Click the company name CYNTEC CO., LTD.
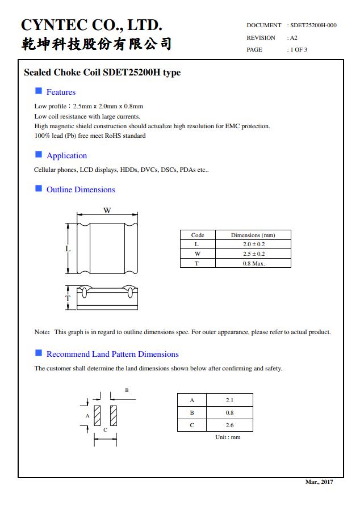coord(91,25)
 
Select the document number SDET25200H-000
coord(313,26)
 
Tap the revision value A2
coord(294,37)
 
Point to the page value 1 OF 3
coord(299,49)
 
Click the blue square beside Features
coord(39,91)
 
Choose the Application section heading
coord(66,155)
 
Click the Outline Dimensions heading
coord(81,189)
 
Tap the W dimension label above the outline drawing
coord(107,210)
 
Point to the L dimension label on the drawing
coord(68,248)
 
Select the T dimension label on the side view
coord(68,298)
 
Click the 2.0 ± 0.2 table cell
coord(253,244)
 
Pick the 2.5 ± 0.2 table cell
coord(253,254)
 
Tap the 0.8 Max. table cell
coord(253,263)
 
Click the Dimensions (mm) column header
coord(253,235)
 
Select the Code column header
coord(198,235)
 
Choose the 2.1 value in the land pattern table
coord(229,400)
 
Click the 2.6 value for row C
coord(229,425)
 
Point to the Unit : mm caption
coord(228,437)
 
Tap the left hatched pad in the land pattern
coord(97,416)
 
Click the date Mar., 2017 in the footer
coord(319,482)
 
